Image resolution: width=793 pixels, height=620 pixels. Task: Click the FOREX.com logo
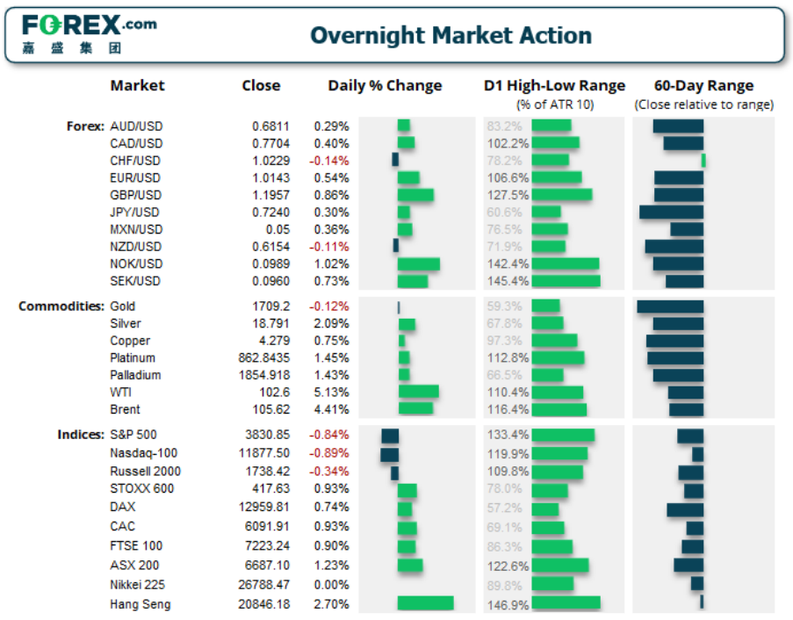tap(88, 33)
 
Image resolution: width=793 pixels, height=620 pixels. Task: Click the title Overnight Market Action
tap(451, 36)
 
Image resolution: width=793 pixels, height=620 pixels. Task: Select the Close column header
tap(261, 86)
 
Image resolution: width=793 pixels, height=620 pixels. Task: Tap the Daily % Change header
tap(385, 86)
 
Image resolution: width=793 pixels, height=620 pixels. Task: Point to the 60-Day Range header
tap(703, 86)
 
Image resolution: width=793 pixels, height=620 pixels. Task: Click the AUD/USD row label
tap(136, 126)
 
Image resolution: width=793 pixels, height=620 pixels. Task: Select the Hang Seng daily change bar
tap(425, 603)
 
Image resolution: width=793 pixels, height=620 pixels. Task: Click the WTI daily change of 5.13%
tap(331, 392)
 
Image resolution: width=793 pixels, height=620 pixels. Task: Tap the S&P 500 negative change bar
tap(390, 436)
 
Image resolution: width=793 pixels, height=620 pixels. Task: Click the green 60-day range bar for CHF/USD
tap(703, 161)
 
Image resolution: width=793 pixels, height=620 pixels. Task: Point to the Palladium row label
tap(135, 375)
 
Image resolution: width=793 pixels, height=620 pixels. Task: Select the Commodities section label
tap(61, 306)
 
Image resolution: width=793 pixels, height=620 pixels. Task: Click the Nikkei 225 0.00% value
tap(331, 585)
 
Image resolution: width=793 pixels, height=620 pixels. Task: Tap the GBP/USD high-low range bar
tap(561, 195)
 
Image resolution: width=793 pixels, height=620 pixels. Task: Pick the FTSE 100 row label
tap(136, 546)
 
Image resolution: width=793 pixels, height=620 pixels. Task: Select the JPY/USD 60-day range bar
tap(671, 212)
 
